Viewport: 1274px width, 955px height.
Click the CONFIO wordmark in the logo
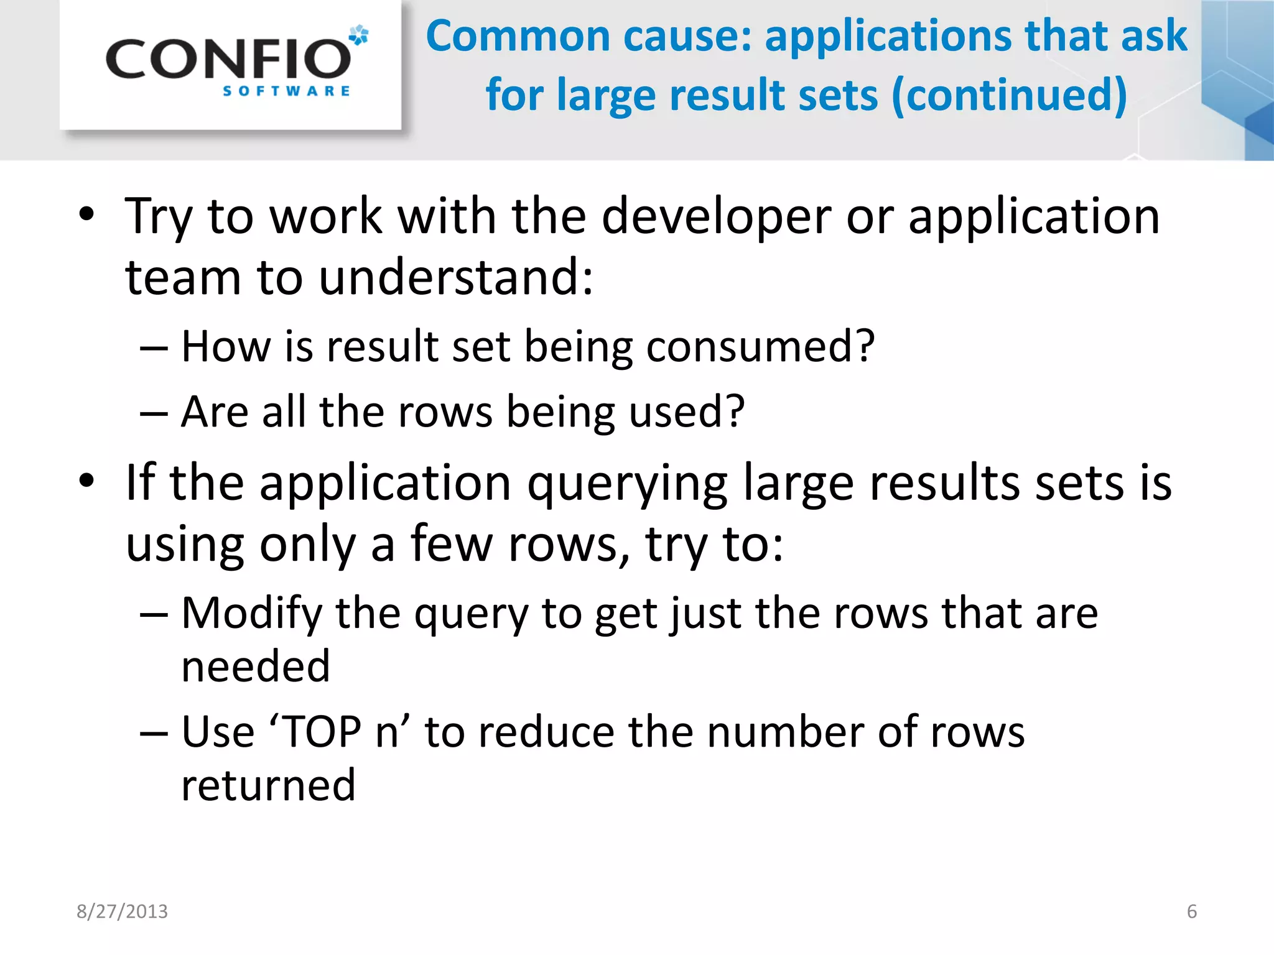pos(228,59)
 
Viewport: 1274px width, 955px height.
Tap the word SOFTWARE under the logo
pos(286,91)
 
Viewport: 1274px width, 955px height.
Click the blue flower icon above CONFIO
pos(358,35)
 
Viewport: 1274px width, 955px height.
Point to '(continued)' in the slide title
pos(1009,95)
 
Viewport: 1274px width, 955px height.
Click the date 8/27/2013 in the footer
pos(122,911)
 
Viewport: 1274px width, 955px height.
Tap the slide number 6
pos(1191,911)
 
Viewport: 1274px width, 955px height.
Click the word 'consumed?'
pos(760,346)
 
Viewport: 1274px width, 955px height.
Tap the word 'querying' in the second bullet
pos(628,484)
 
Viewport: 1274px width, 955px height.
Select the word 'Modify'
pos(251,614)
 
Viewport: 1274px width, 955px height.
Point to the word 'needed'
pos(256,667)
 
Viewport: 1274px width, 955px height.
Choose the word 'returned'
pos(268,785)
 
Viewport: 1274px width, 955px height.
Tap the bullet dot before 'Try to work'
pos(86,215)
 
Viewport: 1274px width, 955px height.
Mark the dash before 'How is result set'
pos(154,348)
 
